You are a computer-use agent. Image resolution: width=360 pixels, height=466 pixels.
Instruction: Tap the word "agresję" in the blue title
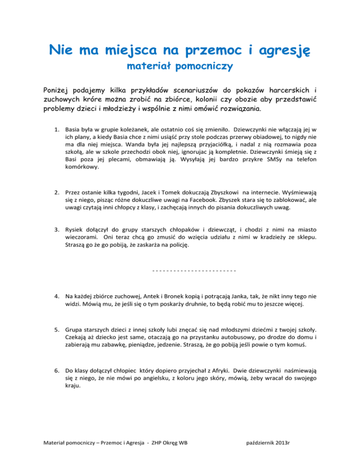(277, 50)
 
